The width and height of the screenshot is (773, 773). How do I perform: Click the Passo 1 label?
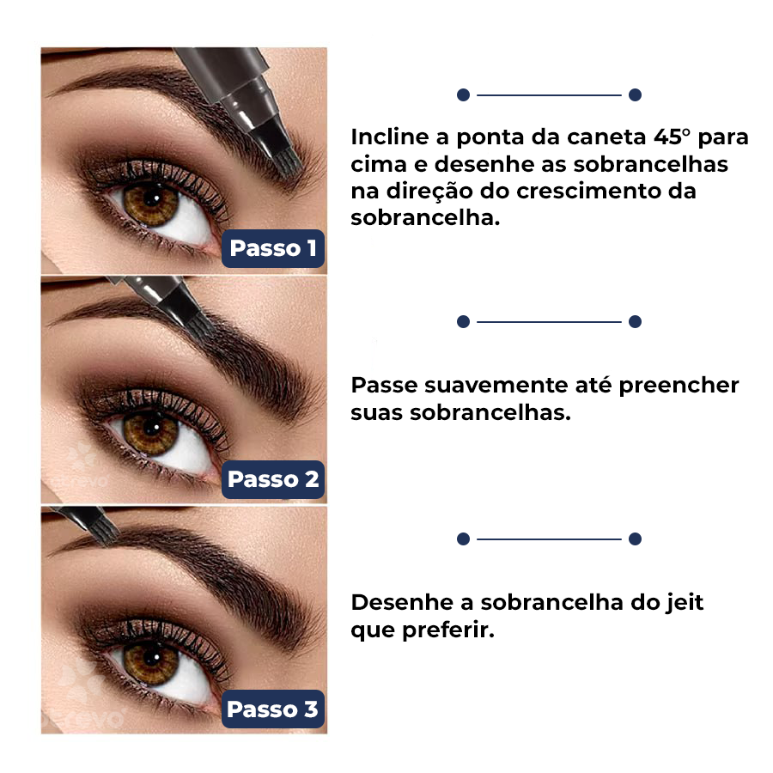tap(273, 249)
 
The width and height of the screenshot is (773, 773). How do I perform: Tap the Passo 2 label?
tap(273, 479)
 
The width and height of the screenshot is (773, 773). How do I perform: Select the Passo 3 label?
tap(273, 709)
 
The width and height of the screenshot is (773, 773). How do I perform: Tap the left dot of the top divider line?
tap(463, 94)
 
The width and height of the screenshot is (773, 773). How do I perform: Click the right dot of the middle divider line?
tap(635, 322)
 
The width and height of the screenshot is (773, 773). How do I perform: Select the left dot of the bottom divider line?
tap(463, 539)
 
